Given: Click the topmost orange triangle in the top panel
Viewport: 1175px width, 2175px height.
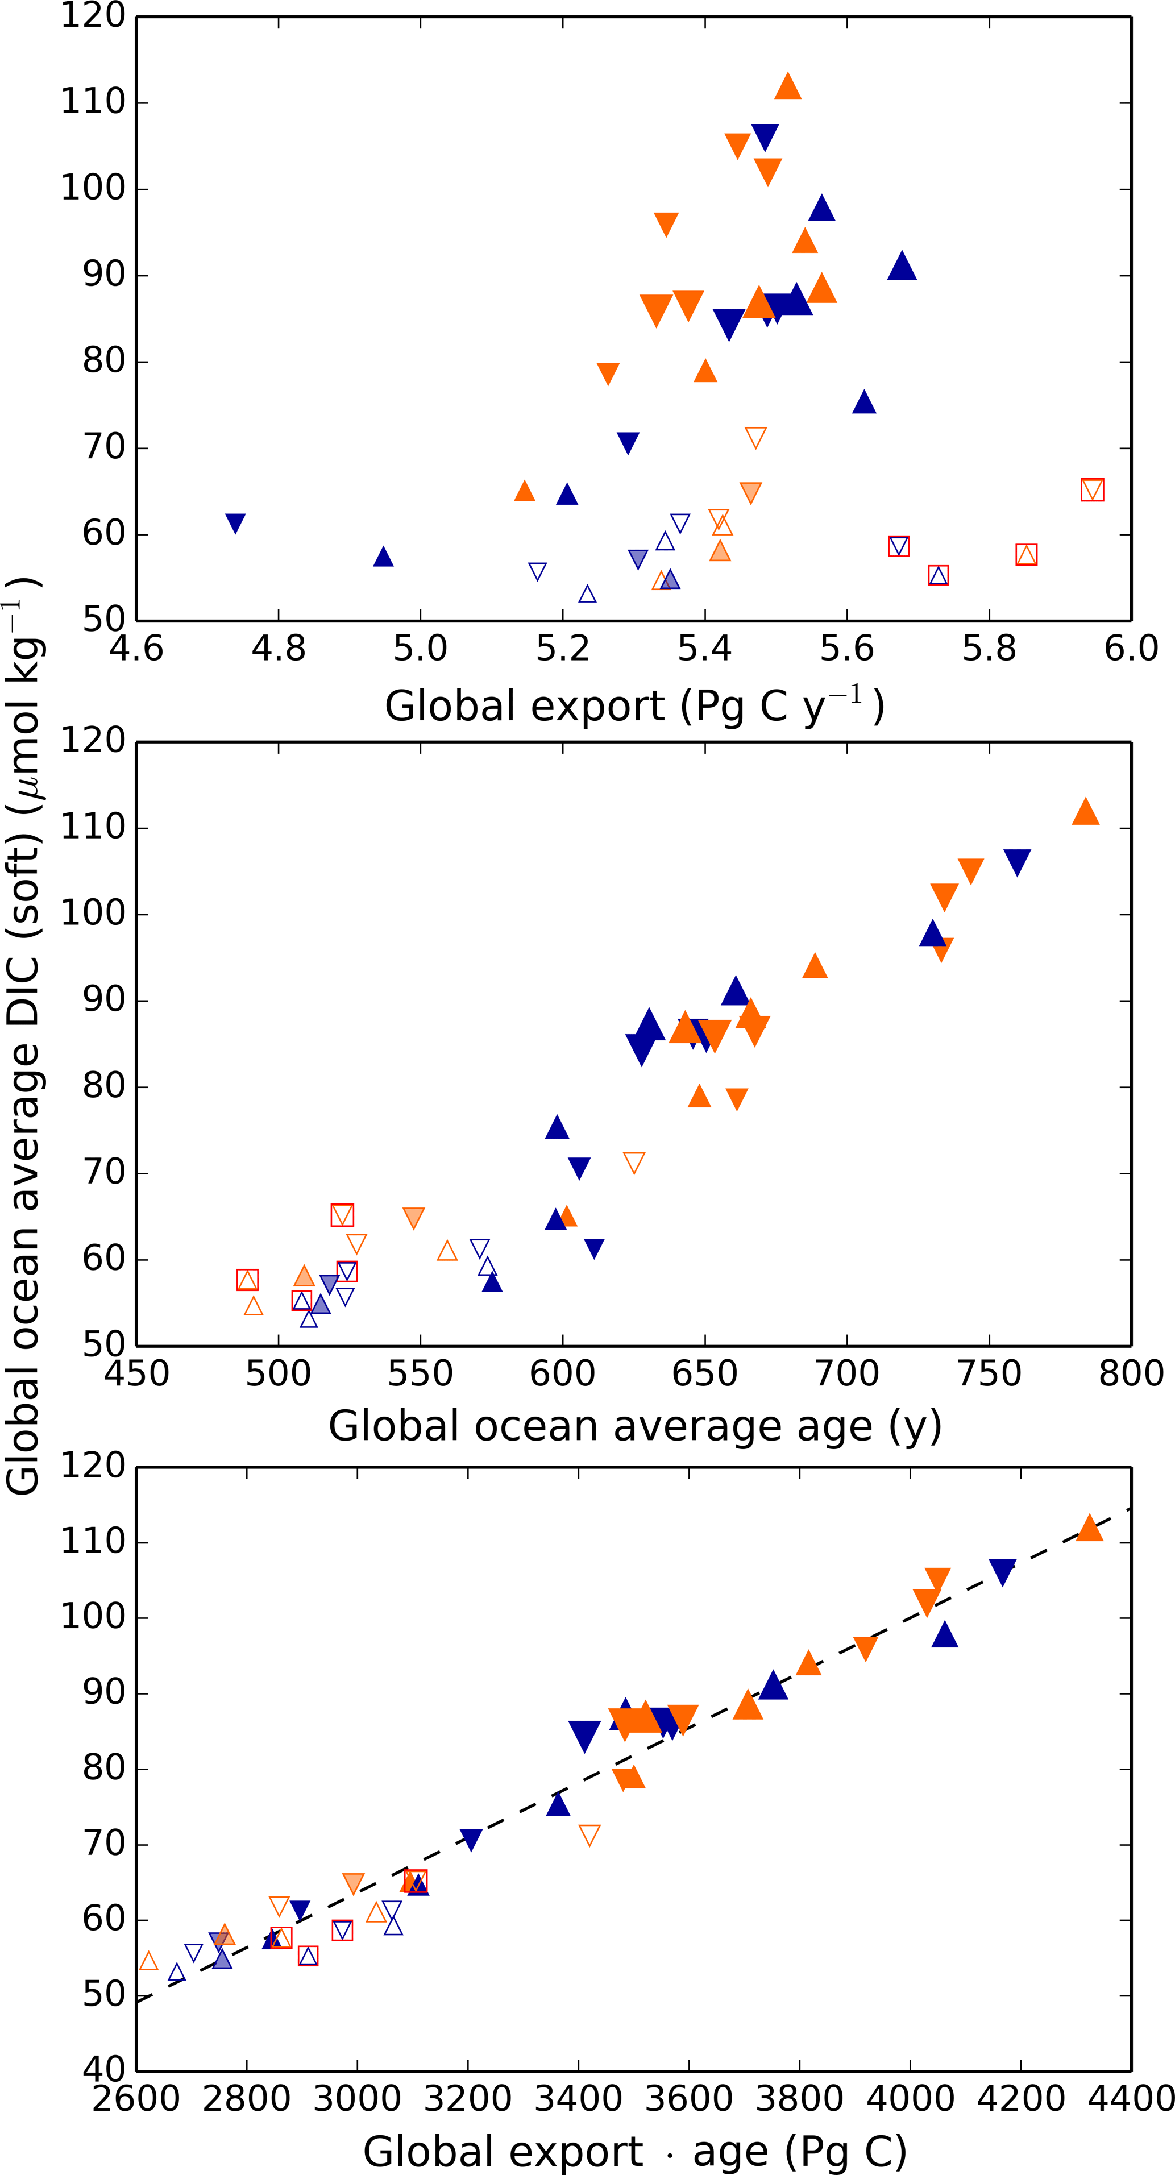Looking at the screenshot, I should [787, 86].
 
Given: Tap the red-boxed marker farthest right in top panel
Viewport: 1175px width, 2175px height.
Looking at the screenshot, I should [1092, 489].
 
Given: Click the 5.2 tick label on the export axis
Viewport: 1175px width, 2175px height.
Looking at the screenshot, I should [562, 649].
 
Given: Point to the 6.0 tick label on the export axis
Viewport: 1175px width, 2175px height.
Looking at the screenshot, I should [1131, 649].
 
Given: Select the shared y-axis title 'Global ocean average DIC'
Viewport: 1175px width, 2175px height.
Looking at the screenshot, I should [24, 1039].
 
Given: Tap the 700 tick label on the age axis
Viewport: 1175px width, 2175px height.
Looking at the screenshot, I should [846, 1373].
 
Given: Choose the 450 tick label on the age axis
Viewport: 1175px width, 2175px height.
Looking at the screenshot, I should [137, 1373].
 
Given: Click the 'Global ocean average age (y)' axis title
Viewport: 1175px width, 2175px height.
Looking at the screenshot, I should [635, 1427].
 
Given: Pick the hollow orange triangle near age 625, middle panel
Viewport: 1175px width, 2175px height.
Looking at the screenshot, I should [634, 1163].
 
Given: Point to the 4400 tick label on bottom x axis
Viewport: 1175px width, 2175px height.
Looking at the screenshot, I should [1130, 2098].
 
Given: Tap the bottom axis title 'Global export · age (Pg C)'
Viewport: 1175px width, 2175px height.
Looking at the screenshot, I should [635, 2151].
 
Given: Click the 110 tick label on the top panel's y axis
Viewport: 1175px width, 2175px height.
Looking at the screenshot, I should [93, 102].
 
